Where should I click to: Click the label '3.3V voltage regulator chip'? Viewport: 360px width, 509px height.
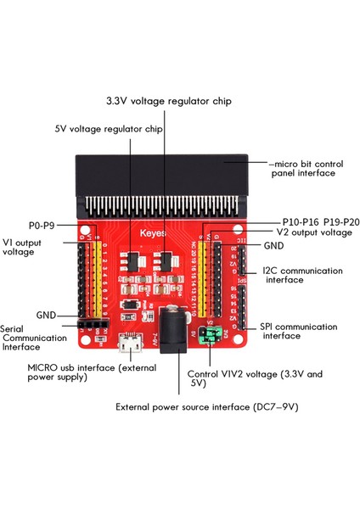[x=179, y=100]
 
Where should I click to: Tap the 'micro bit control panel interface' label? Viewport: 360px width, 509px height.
[x=301, y=167]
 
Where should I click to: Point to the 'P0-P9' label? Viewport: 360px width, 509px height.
[x=42, y=225]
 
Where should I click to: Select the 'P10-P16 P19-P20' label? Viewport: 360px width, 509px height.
[x=307, y=220]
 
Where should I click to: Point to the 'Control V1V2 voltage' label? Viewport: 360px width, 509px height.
[x=248, y=378]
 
